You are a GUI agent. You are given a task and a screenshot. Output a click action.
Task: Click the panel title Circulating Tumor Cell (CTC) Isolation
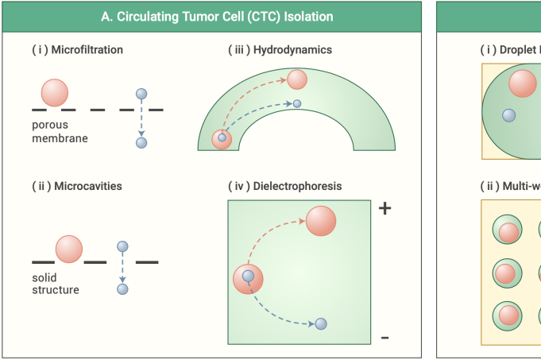pos(217,16)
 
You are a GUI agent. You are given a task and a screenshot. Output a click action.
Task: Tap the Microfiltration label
pos(77,50)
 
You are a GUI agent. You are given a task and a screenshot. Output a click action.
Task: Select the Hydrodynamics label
pos(280,50)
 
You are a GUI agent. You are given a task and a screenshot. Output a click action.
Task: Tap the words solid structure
pos(56,284)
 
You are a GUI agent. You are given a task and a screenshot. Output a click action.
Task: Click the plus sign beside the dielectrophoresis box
pos(385,208)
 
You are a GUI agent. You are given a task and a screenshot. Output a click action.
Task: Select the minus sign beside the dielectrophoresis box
pos(385,338)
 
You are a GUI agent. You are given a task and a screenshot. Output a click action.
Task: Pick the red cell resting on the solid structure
pos(68,248)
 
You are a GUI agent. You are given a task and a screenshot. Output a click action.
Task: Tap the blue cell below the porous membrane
pos(141,143)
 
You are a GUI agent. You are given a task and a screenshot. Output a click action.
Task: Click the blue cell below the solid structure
pos(122,289)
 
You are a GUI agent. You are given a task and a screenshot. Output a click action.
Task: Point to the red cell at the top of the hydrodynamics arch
pos(297,79)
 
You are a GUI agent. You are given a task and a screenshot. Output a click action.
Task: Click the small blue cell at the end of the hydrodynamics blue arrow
pos(297,103)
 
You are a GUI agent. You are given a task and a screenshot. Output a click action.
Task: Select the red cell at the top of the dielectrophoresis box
pos(321,220)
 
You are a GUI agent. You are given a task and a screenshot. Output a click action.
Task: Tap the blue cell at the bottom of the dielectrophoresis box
pos(321,323)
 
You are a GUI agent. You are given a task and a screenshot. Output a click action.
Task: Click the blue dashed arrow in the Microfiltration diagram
pos(141,118)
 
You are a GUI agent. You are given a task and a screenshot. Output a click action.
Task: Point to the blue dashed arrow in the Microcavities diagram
pos(122,268)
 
